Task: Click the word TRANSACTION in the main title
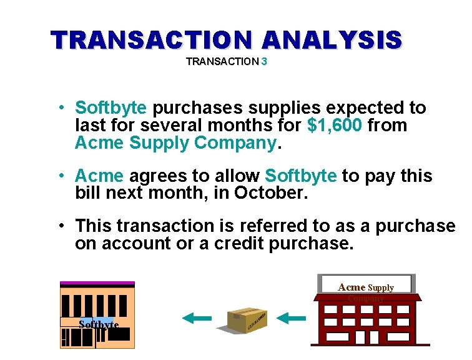pos(153,40)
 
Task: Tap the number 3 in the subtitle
pos(265,62)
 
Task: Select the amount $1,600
pos(335,126)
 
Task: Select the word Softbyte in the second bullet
pos(301,176)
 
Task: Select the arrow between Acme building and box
pos(291,319)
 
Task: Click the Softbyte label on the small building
pos(99,324)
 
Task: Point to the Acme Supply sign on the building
pos(365,287)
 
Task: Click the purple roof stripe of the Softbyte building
pos(97,284)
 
